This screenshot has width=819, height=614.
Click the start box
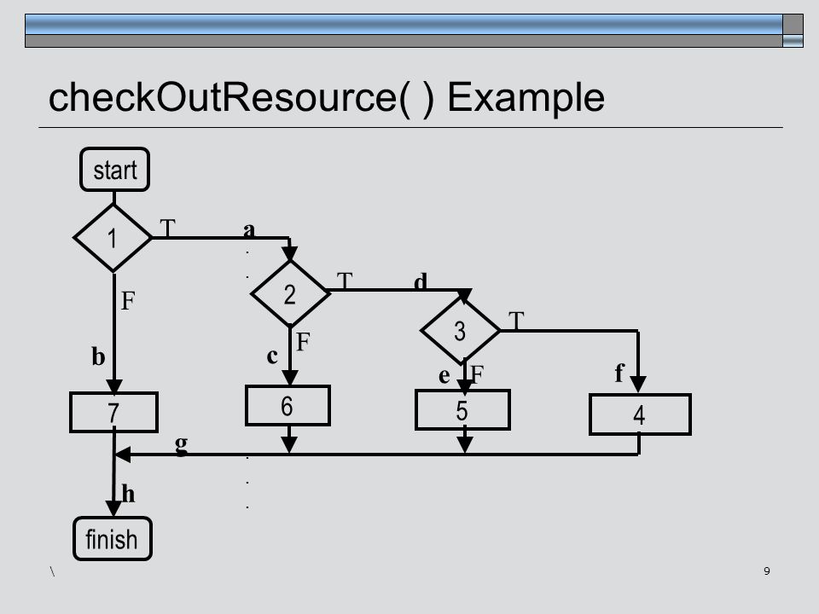(x=114, y=169)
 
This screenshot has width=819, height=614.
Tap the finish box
(x=113, y=538)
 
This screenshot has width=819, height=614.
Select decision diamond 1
(x=113, y=238)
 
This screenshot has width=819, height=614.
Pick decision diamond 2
(x=290, y=293)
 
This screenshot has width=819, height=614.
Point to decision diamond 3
(x=460, y=330)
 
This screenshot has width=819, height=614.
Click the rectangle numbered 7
(x=113, y=413)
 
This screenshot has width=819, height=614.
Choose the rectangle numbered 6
(x=288, y=406)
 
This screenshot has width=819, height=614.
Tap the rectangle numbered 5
(x=462, y=410)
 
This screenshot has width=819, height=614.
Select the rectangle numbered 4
(x=640, y=414)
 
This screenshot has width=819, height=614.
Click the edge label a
(x=249, y=229)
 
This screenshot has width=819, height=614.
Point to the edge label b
(x=98, y=356)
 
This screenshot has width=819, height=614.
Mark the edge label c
(x=272, y=356)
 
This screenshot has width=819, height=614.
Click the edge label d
(x=421, y=281)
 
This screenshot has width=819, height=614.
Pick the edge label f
(x=619, y=373)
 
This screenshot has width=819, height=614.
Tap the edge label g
(x=181, y=444)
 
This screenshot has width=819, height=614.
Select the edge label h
(x=129, y=494)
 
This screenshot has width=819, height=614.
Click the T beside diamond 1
(x=168, y=229)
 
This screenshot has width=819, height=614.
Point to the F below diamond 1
(x=128, y=301)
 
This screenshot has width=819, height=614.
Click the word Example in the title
(x=526, y=97)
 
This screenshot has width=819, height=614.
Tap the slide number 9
(x=767, y=571)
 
